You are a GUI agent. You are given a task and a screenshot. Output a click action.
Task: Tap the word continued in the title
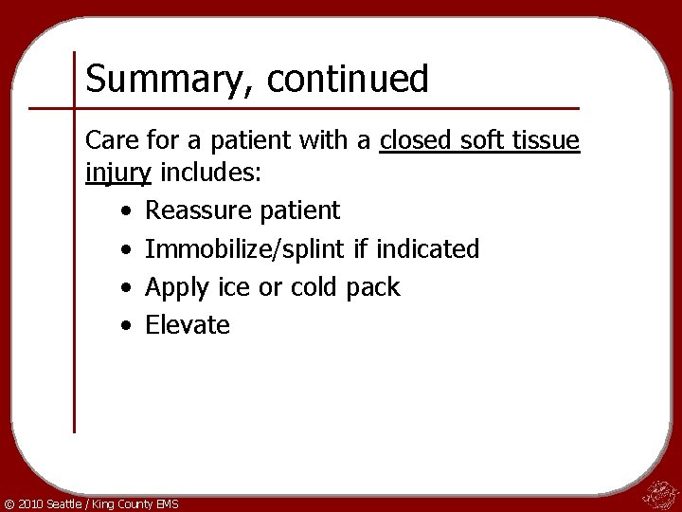[x=348, y=78]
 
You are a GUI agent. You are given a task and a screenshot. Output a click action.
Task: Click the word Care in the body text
[x=113, y=141]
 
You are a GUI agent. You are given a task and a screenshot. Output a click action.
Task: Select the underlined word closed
[x=418, y=141]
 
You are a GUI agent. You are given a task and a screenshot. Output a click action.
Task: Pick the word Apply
[x=174, y=287]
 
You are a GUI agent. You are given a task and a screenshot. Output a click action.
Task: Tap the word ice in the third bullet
[x=231, y=286]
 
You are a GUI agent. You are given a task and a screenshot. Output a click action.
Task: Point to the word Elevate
[x=188, y=324]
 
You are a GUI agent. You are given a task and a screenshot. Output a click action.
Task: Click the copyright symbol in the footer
[x=9, y=503]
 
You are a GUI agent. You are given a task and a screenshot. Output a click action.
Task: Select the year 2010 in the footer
[x=31, y=503]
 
